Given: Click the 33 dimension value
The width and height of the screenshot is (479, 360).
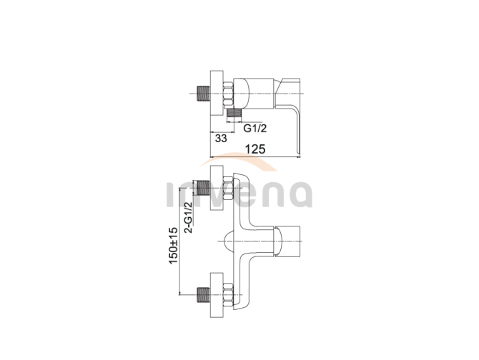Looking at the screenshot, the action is coord(221,138).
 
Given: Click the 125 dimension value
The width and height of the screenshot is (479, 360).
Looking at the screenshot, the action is coord(255,149).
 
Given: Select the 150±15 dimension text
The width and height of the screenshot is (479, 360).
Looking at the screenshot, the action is coord(173,246).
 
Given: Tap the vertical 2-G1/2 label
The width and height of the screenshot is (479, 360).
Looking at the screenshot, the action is coord(189,217).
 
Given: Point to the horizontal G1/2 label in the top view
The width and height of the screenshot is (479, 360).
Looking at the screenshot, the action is coord(255,128).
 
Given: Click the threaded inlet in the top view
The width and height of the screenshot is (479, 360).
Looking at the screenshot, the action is coord(204,93).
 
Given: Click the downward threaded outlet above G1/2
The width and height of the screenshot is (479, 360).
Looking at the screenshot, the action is coord(234,113).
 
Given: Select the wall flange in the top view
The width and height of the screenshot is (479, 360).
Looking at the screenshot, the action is coord(217,93).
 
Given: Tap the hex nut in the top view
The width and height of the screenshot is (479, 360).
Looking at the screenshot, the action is coord(228,94).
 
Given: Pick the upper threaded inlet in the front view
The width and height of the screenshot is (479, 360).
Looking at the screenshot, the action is coord(204,188).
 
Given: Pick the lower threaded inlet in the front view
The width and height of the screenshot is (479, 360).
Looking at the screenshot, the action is coord(204,295).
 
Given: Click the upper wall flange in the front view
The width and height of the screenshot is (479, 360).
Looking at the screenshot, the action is coord(217,188).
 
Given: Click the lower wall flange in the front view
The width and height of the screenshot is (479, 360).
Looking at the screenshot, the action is coord(217,295).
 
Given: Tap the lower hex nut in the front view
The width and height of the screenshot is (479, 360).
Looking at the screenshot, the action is coord(228,295).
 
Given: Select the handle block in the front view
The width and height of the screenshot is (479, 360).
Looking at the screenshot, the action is coord(287,241).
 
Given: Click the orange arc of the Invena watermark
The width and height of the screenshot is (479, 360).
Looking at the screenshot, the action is coord(238,159).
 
